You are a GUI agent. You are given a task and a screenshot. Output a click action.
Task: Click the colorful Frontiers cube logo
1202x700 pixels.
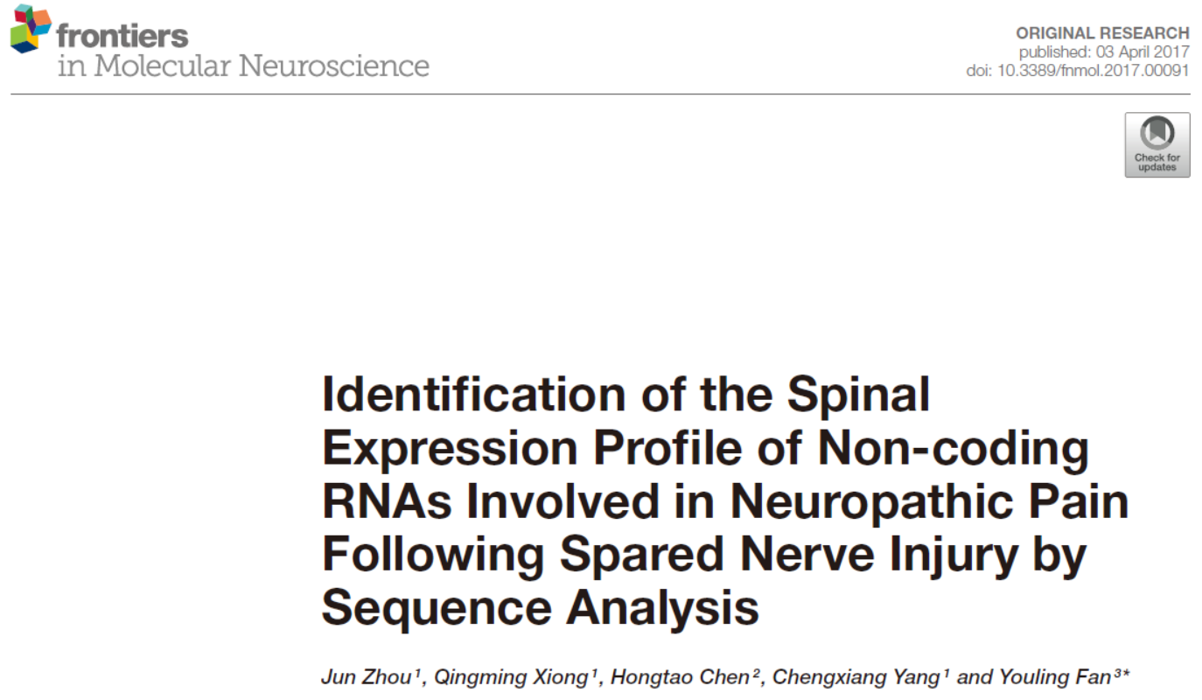31,29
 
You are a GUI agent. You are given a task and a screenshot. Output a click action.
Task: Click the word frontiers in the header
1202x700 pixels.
122,36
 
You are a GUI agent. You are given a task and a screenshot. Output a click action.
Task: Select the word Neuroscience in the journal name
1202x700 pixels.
334,66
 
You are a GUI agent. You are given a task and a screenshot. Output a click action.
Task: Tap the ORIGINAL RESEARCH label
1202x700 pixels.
1102,33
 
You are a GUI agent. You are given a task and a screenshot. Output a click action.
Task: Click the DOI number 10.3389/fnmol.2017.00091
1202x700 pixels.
1093,70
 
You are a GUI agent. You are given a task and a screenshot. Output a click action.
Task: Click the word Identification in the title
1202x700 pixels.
474,394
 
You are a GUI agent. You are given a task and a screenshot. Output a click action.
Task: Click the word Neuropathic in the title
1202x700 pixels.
871,503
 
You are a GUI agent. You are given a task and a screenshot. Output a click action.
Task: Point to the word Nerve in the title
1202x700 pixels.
807,555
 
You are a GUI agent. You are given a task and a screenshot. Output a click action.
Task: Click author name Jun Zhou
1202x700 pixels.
366,677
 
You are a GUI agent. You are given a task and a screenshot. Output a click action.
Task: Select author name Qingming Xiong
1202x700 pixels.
511,678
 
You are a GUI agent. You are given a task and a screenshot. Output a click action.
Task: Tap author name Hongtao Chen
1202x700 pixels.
680,678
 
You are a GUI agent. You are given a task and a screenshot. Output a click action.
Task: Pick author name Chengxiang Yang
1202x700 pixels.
856,678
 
